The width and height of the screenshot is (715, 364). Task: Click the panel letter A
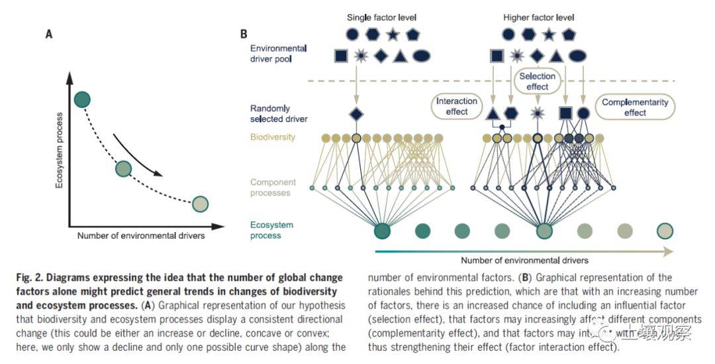[x=48, y=34]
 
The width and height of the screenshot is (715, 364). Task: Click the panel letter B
[x=244, y=34]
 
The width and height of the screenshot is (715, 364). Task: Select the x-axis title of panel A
[x=141, y=235]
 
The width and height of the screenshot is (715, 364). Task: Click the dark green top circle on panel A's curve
[x=82, y=99]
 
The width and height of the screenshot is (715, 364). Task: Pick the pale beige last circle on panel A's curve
[x=200, y=204]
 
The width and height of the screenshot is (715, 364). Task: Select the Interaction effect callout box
[x=457, y=106]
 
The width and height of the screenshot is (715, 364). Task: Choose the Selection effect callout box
[x=537, y=82]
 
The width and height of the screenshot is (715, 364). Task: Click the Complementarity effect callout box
[x=634, y=107]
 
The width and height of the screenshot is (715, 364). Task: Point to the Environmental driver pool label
[x=278, y=54]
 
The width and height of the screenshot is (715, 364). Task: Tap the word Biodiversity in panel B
[x=273, y=137]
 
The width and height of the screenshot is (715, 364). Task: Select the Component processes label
[x=273, y=188]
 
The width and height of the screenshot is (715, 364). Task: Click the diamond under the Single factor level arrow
[x=356, y=114]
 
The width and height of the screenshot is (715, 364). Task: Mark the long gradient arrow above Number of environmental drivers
[x=523, y=251]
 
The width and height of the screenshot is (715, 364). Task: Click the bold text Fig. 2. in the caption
[x=28, y=278]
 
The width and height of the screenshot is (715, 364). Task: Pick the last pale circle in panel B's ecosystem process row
[x=665, y=231]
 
